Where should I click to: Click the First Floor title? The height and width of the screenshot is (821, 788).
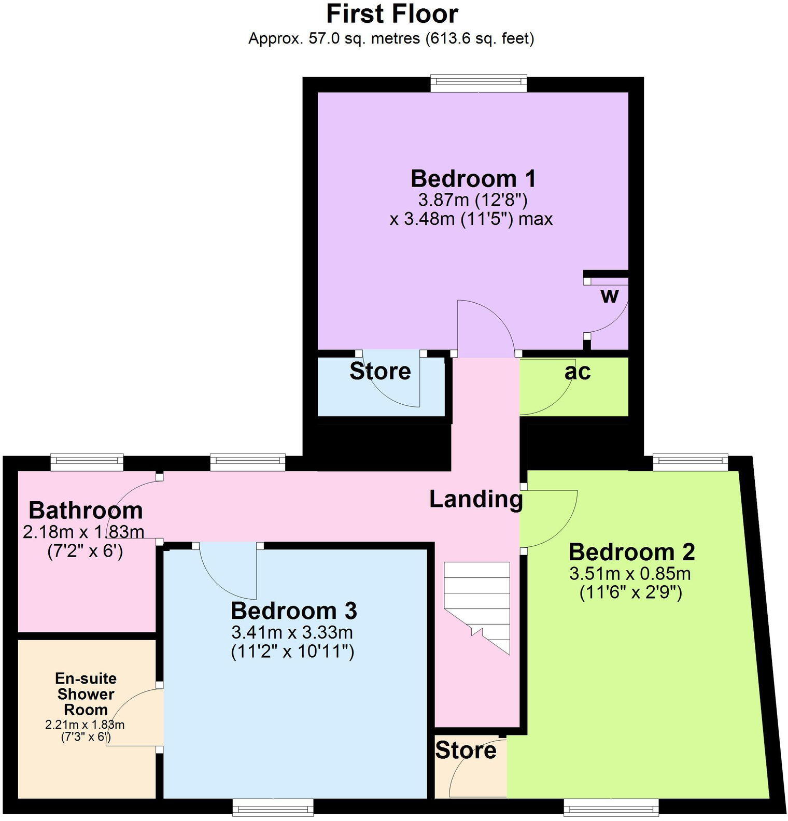pyautogui.click(x=392, y=14)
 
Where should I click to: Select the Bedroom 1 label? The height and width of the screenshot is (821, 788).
pyautogui.click(x=473, y=179)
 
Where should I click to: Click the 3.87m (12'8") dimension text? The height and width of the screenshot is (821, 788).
pyautogui.click(x=472, y=200)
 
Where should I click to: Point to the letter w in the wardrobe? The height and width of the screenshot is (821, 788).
pyautogui.click(x=610, y=296)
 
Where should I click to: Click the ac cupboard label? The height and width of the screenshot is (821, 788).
pyautogui.click(x=578, y=372)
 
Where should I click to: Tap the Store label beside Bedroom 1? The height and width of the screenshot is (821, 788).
pyautogui.click(x=380, y=372)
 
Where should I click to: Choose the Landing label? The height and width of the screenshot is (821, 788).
pyautogui.click(x=475, y=499)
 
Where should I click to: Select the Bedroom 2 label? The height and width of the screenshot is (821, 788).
pyautogui.click(x=631, y=552)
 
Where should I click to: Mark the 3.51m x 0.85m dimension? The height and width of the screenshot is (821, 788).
pyautogui.click(x=630, y=574)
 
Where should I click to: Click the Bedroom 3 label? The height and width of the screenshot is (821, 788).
pyautogui.click(x=293, y=611)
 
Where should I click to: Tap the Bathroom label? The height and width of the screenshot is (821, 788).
pyautogui.click(x=86, y=511)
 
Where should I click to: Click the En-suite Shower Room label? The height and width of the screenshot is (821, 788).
pyautogui.click(x=86, y=694)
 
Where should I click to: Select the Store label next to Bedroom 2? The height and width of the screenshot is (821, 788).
pyautogui.click(x=466, y=751)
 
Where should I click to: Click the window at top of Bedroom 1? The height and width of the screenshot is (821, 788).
pyautogui.click(x=479, y=83)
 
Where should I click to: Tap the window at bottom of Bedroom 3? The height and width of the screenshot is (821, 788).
pyautogui.click(x=273, y=807)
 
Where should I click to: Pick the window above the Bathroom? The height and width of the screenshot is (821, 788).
pyautogui.click(x=87, y=462)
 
